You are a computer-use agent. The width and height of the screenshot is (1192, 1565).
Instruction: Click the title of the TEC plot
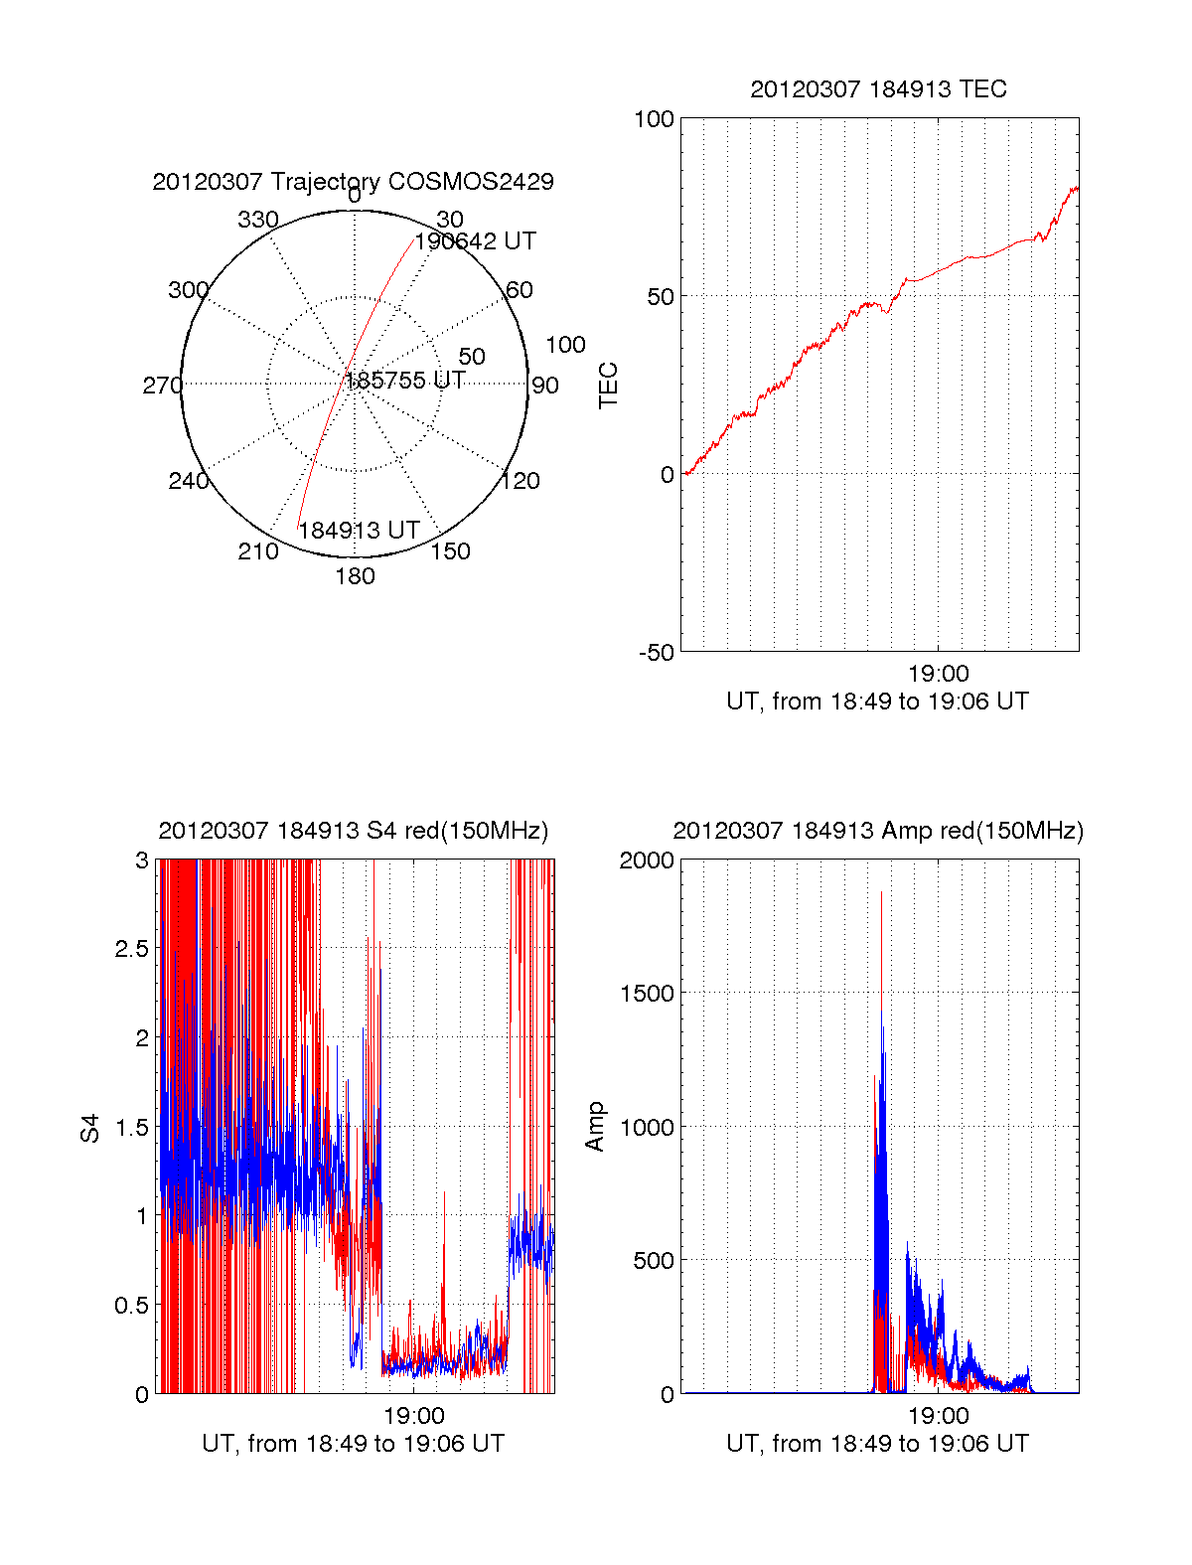tap(878, 89)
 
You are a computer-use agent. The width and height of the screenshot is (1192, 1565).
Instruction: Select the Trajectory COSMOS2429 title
tap(353, 182)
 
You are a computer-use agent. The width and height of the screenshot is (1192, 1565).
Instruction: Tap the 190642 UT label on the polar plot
tap(475, 241)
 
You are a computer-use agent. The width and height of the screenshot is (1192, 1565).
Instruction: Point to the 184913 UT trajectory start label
tap(359, 531)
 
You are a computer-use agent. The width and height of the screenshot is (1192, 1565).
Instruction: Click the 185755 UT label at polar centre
tap(404, 381)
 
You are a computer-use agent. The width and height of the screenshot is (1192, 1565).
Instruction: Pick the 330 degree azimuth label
tap(258, 220)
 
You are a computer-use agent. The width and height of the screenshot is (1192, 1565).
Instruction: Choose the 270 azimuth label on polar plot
tap(162, 386)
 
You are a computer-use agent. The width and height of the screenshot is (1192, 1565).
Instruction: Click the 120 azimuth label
tap(521, 481)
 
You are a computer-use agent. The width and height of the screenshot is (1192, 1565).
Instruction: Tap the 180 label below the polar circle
tap(355, 576)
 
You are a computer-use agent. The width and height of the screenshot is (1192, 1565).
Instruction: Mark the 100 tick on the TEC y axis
tap(654, 119)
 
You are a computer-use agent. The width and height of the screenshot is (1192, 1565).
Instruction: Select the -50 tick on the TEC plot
tap(656, 653)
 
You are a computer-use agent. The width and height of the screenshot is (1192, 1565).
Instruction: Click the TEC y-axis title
tap(608, 386)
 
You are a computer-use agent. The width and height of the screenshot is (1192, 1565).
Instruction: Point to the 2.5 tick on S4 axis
tap(131, 949)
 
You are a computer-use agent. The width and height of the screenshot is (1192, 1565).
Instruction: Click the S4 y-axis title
tap(90, 1128)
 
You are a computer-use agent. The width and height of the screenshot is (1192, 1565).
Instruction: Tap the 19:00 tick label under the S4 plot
tap(414, 1416)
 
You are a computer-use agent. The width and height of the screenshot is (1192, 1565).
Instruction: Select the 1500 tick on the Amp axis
tap(646, 994)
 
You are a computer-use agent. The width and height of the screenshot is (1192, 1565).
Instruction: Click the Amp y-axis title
tap(595, 1127)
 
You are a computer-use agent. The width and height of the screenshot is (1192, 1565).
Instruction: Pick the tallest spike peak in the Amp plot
tap(881, 893)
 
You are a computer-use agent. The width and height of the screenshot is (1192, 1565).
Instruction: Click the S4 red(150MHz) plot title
tap(353, 831)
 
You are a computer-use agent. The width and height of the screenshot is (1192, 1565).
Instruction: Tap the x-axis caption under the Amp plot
tap(877, 1444)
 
